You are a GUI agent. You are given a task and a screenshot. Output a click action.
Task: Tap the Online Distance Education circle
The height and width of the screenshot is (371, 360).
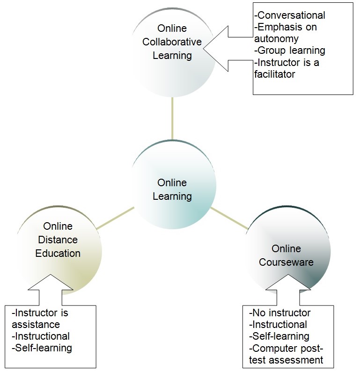tap(58, 240)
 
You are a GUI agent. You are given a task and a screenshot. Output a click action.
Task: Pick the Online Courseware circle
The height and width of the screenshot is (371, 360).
tap(287, 255)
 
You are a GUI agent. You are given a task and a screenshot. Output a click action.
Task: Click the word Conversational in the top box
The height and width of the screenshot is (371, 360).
tap(289, 15)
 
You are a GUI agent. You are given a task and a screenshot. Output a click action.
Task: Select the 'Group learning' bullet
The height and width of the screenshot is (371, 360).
tap(289, 51)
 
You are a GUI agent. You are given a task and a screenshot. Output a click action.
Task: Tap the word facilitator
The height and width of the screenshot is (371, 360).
tap(274, 74)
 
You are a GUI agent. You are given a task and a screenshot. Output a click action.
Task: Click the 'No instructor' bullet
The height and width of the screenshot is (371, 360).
tap(280, 313)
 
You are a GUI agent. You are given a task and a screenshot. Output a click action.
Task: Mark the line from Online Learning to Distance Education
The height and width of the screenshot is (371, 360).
tap(114, 219)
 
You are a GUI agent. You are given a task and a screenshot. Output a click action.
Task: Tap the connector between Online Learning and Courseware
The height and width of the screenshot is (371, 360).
tap(229, 218)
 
